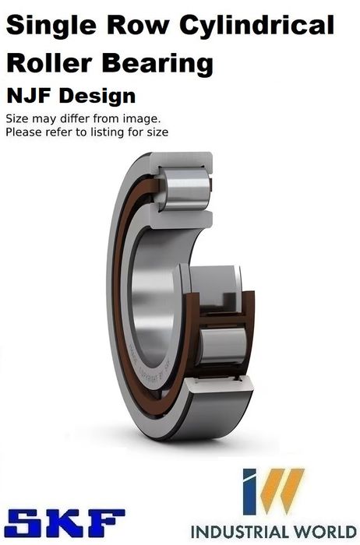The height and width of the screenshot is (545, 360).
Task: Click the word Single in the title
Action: pos(51,26)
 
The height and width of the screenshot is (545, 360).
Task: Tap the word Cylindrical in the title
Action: pos(257,26)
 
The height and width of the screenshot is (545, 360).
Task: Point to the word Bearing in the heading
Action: pos(157,65)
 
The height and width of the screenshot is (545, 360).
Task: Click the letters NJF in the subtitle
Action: pos(30,96)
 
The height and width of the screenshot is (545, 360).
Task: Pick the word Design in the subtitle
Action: pos(97,97)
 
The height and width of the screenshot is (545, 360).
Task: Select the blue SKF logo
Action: pos(65,522)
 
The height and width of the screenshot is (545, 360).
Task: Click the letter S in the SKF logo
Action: pos(23,522)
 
